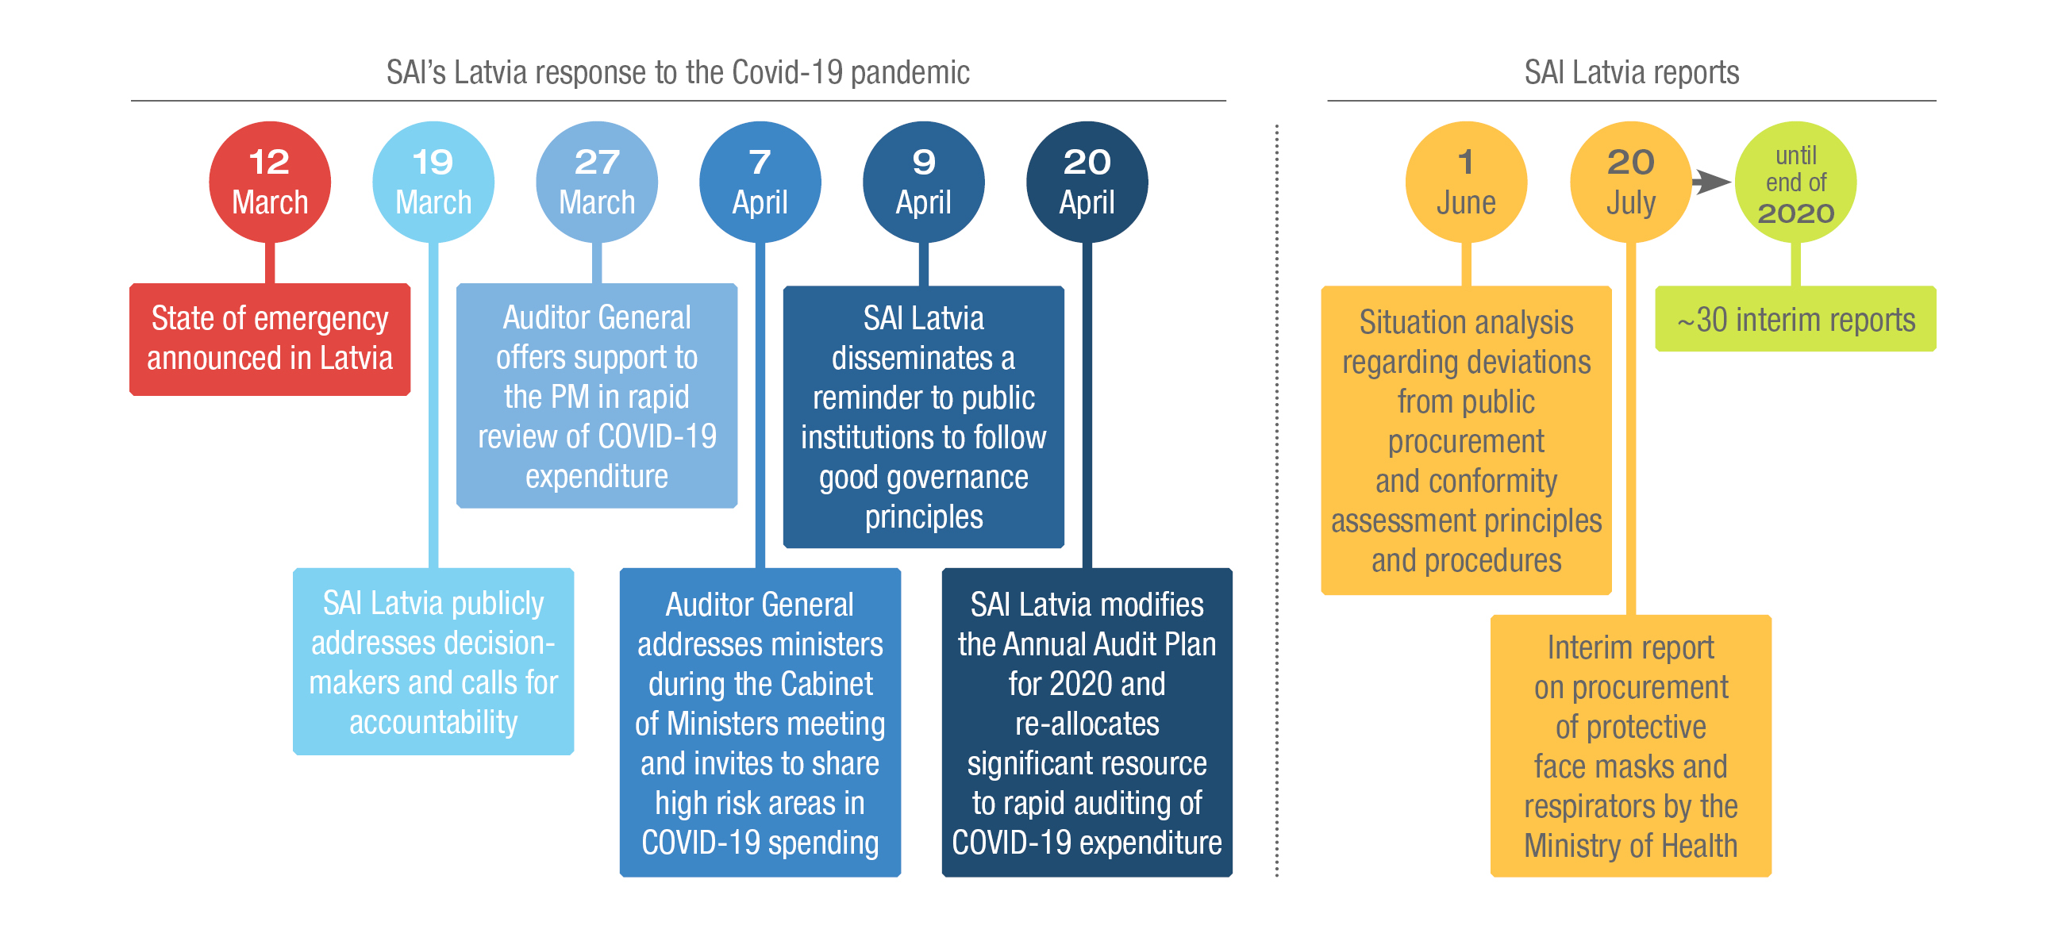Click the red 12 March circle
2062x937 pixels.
(270, 182)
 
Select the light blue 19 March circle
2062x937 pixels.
(433, 182)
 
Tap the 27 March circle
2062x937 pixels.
(596, 182)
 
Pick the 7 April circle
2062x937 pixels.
(760, 182)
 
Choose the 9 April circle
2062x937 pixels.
(923, 182)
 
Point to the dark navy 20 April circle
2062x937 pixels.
(1087, 182)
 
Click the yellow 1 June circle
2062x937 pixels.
(1466, 182)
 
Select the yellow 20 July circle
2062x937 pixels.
(1630, 182)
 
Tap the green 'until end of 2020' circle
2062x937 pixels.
(1795, 182)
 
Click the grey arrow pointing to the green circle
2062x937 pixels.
(1712, 182)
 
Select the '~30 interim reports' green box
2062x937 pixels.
(1795, 318)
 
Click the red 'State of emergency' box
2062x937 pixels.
(270, 340)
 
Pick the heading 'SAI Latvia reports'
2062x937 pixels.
(1631, 72)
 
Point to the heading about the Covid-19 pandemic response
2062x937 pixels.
(678, 72)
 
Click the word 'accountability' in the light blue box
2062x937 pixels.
(433, 722)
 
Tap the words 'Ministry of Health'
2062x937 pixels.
(1630, 845)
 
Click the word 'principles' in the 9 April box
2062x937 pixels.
(924, 517)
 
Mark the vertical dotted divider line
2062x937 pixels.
(1277, 500)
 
